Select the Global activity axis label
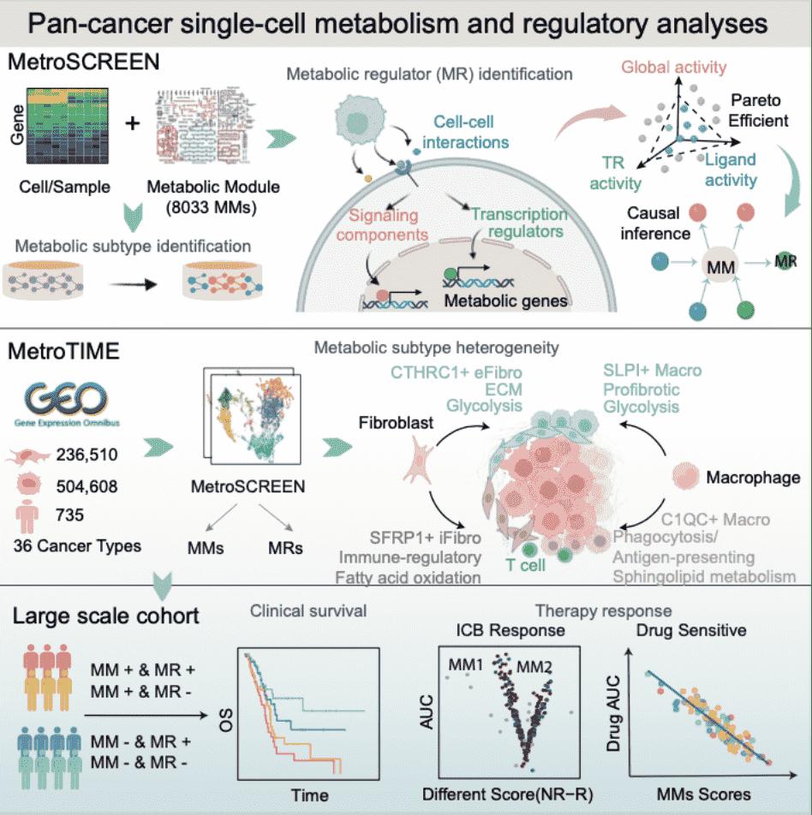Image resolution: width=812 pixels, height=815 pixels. point(673,66)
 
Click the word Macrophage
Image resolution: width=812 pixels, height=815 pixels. point(753,475)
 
